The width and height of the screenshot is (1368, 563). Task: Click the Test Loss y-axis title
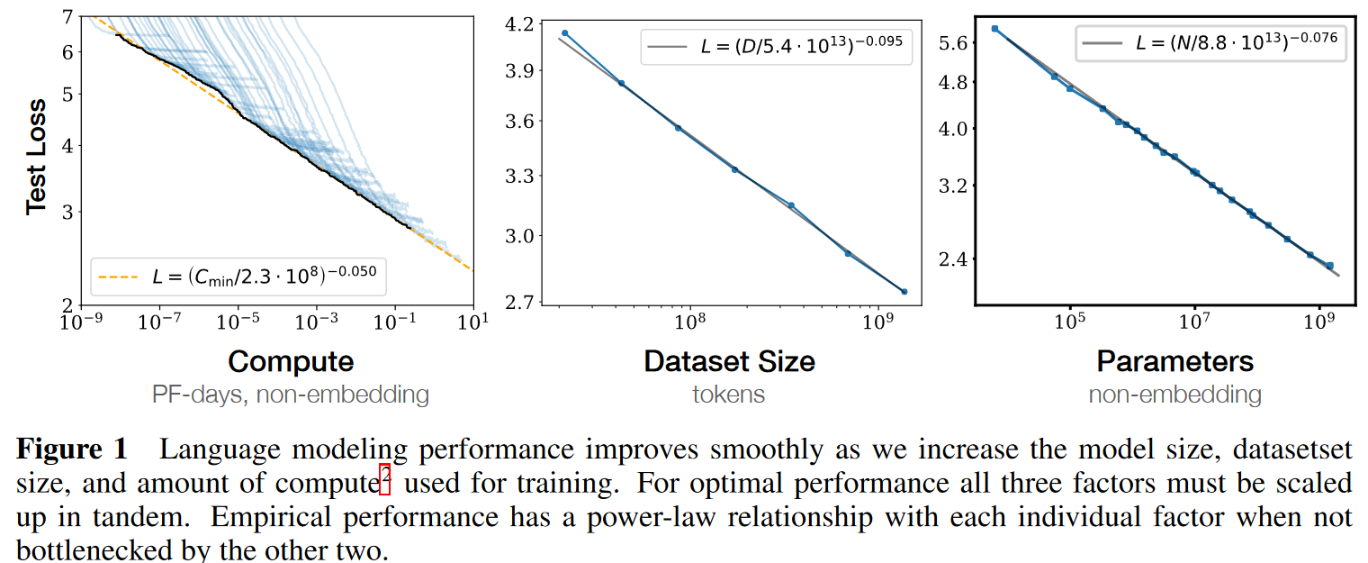(36, 160)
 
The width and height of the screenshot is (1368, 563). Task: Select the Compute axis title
(290, 361)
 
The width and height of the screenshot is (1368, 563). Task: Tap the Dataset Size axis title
(729, 361)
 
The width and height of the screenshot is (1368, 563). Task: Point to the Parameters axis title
(1174, 361)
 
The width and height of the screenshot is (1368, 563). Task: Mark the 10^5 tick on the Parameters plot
(1069, 321)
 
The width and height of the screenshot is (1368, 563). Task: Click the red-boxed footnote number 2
(384, 484)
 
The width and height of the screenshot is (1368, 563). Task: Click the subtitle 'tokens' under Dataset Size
(729, 394)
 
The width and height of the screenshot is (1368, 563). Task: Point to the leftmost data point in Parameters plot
(994, 29)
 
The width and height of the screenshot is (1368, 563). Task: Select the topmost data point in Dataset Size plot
(565, 33)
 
